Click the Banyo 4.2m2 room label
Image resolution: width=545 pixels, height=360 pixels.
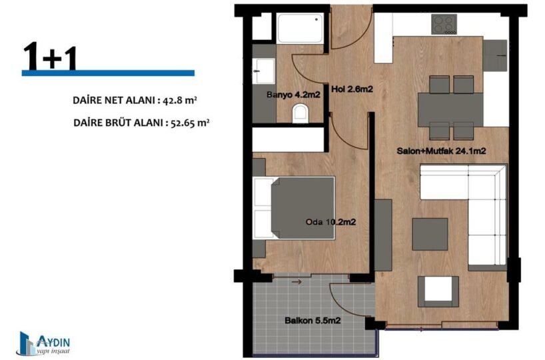point(293,95)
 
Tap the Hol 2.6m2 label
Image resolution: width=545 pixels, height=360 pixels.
point(352,89)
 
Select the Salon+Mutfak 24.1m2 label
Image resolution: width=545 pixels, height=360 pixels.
point(442,151)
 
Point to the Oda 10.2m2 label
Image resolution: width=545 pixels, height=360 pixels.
point(330,222)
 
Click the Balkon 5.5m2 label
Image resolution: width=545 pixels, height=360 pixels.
point(312,321)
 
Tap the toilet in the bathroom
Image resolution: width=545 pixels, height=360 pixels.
point(300,113)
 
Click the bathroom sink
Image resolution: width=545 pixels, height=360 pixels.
point(263,71)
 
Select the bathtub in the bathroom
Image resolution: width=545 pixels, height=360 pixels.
point(300,28)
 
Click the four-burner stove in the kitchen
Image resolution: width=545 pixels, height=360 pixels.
point(444,25)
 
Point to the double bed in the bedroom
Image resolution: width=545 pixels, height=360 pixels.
point(294,208)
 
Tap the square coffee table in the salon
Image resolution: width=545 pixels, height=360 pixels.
point(430,234)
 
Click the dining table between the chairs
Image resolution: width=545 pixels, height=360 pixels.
point(450,109)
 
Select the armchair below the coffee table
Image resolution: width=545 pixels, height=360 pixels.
point(438,291)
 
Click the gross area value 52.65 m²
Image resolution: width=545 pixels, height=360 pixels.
point(190,123)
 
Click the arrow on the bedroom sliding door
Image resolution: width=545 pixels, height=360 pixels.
point(296,282)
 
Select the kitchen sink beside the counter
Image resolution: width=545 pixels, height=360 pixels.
point(494,55)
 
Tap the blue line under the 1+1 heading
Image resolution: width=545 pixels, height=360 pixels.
point(108,73)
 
